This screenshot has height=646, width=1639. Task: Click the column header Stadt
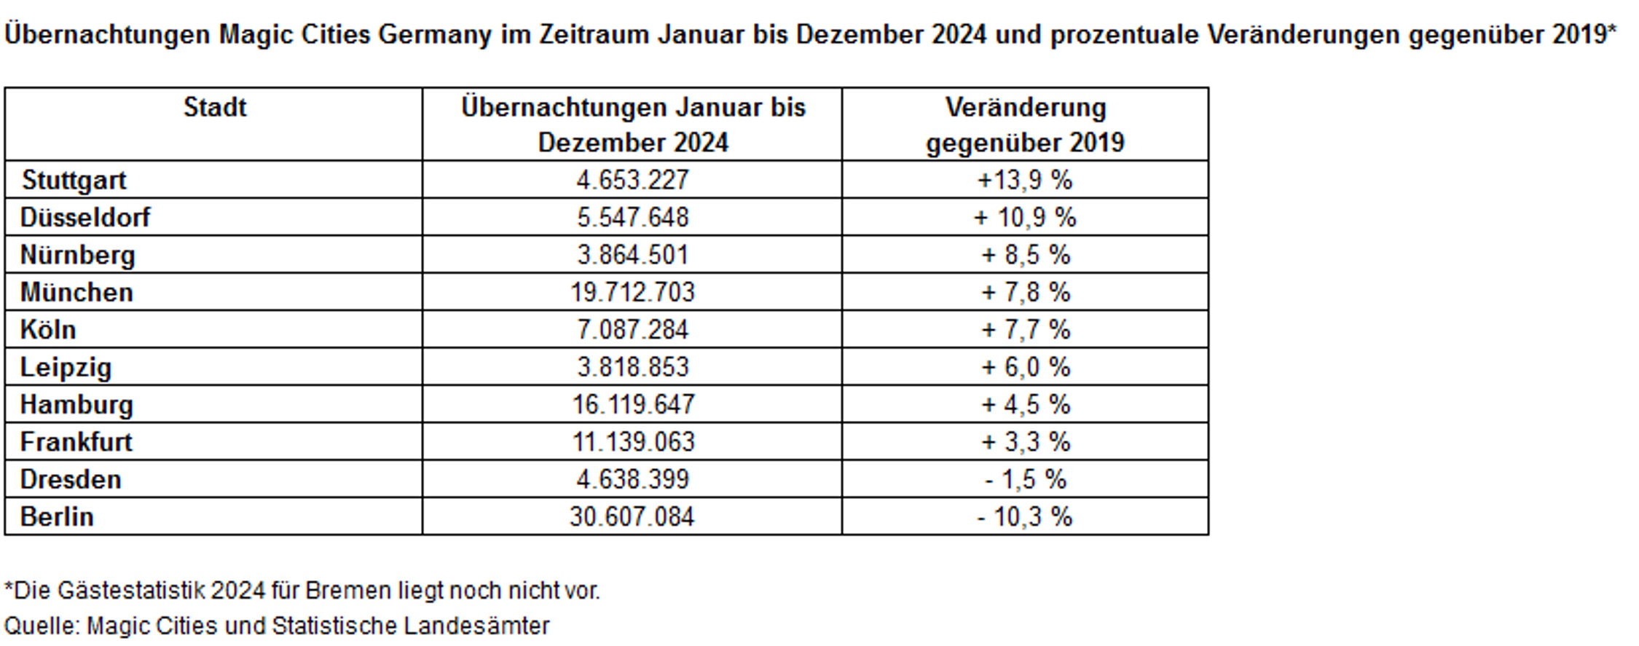pos(214,108)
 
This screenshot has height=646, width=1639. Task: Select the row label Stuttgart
pos(74,180)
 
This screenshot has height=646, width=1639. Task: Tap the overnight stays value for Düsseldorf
pos(632,217)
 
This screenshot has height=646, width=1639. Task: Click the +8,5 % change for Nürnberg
pos(1025,255)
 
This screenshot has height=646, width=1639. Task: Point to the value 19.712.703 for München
pos(632,292)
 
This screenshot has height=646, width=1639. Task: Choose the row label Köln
pos(48,330)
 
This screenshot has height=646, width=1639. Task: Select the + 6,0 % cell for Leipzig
pos(1025,367)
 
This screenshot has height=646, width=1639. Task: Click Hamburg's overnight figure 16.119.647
pos(632,404)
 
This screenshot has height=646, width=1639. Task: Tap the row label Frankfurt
pos(76,442)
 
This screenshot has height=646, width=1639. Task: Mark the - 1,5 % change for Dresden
pos(1025,479)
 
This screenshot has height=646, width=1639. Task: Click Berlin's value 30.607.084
pos(632,517)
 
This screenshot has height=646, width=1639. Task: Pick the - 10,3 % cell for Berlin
pos(1025,517)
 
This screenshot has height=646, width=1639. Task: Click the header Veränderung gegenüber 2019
pos(1025,125)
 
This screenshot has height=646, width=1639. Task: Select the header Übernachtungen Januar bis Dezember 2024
pos(632,125)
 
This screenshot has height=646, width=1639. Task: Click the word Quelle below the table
pos(42,626)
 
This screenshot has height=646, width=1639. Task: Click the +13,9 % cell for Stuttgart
pos(1025,180)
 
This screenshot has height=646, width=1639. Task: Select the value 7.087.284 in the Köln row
pos(632,330)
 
